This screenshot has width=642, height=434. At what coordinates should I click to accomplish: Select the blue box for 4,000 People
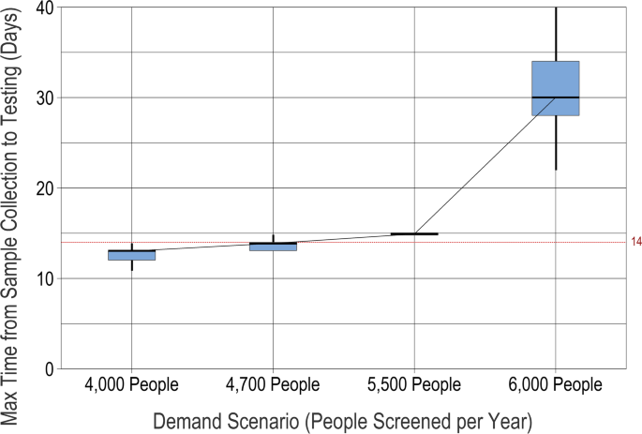click(x=131, y=256)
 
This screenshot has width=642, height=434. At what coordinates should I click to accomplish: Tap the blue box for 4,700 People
click(x=273, y=247)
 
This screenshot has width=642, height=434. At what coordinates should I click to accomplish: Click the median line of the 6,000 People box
click(x=555, y=97)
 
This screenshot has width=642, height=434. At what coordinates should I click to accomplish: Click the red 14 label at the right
click(x=636, y=243)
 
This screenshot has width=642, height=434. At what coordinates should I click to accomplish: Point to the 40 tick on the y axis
click(x=43, y=7)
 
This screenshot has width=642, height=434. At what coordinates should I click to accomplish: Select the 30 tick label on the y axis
click(x=43, y=97)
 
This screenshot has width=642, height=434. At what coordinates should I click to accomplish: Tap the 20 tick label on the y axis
click(x=43, y=188)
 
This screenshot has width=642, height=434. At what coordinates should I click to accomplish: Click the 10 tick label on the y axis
click(x=43, y=279)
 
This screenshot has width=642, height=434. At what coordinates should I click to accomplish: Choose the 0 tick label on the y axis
click(x=48, y=369)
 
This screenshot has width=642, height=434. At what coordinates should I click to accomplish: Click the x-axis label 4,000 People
click(x=131, y=385)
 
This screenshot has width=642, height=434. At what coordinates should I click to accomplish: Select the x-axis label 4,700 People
click(x=273, y=385)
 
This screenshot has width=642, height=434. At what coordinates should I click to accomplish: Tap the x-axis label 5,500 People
click(x=414, y=385)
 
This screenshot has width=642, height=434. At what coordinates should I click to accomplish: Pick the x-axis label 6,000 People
click(x=555, y=385)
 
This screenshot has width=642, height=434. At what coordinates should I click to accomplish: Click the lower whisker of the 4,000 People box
click(x=131, y=265)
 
